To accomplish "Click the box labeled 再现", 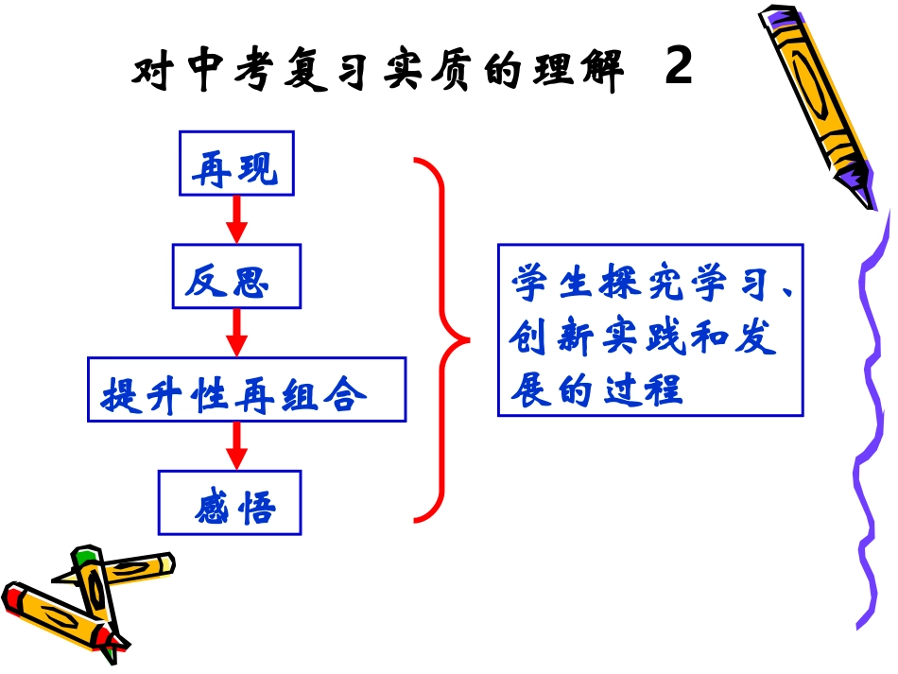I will (x=236, y=163).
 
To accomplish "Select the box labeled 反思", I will (x=236, y=276).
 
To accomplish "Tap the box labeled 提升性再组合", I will (x=247, y=389).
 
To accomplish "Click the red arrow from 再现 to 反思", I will (x=237, y=218).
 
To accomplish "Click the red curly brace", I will (x=440, y=338).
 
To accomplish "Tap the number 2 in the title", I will (x=678, y=68).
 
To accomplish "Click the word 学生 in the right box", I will (x=554, y=284).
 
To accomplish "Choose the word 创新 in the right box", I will (x=553, y=337).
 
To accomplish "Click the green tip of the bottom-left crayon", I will (x=86, y=555).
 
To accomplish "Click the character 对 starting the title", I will (x=149, y=73).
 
